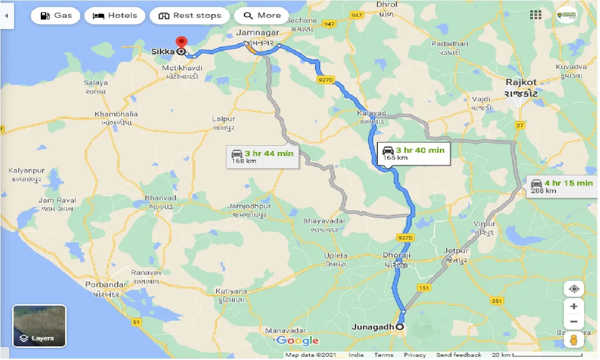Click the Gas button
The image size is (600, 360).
click(x=56, y=15)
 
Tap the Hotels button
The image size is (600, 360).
click(x=114, y=15)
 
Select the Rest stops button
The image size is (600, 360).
click(x=189, y=15)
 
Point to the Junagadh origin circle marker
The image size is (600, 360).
click(x=400, y=327)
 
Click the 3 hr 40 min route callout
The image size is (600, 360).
click(x=413, y=153)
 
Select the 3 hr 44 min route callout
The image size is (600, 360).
click(x=262, y=157)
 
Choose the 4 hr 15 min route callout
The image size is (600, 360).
click(x=561, y=186)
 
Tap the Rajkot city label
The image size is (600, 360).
click(x=521, y=82)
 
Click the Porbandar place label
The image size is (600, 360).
click(x=105, y=285)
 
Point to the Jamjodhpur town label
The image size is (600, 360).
click(x=249, y=206)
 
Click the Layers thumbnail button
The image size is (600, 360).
click(x=39, y=326)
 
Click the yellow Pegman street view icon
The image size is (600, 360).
click(x=574, y=339)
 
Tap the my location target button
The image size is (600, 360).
click(x=574, y=289)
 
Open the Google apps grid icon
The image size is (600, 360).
click(x=536, y=15)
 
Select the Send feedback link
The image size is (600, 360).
click(x=458, y=355)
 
